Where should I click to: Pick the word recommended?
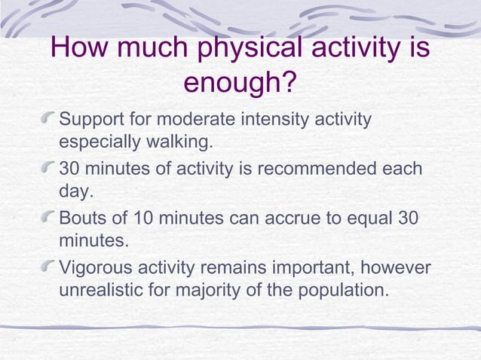click(321, 168)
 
